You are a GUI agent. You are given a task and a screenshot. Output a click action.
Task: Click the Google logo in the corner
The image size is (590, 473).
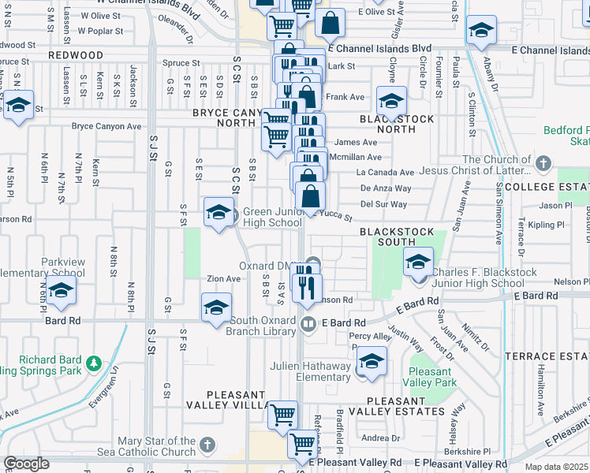point(26,464)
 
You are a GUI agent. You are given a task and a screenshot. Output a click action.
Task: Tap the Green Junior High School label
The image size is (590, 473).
point(272,217)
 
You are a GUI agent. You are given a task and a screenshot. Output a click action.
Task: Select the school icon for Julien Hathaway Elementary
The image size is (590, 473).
point(372,362)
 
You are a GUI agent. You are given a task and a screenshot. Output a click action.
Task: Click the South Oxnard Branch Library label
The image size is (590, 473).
point(271,328)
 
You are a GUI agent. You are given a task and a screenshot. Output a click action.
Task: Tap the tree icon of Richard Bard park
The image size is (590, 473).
point(94,363)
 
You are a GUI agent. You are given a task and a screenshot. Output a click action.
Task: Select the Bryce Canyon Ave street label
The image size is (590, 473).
point(106,126)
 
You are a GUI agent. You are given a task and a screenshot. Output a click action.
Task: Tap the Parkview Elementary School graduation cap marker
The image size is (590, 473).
point(60,292)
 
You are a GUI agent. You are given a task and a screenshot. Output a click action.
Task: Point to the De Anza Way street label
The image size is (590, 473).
point(386,188)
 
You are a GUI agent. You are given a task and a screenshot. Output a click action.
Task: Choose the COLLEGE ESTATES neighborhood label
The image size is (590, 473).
point(547,187)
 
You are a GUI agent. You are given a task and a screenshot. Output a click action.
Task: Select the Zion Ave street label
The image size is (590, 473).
point(223,279)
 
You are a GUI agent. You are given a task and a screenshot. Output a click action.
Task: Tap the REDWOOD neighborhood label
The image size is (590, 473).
point(76,55)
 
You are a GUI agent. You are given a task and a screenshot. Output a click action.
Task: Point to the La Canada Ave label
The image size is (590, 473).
point(385,173)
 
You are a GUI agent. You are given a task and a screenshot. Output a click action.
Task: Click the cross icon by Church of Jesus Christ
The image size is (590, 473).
point(542,164)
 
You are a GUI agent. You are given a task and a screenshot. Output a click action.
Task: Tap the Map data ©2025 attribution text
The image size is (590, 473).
point(557,467)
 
